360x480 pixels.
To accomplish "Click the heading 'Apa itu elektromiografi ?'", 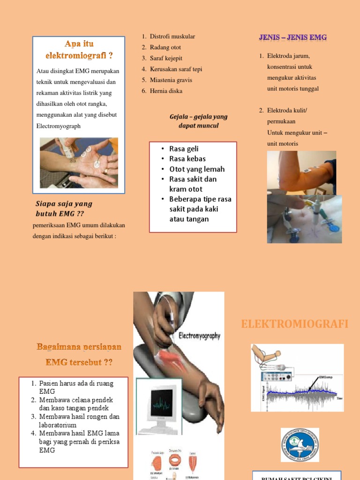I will (79, 50).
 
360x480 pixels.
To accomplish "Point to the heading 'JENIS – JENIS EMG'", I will (293, 37).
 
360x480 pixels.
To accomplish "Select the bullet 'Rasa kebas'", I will (187, 159).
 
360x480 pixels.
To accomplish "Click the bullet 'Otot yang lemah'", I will (197, 169).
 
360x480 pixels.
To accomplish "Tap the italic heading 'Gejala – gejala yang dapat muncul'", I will (198, 121).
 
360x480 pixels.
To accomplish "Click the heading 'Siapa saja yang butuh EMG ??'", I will (64, 209).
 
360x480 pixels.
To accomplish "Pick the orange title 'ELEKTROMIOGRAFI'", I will (295, 324).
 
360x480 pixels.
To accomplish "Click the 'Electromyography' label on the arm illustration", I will (199, 336).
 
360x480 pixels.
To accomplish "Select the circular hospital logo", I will (300, 444).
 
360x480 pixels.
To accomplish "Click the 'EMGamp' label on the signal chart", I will (325, 376).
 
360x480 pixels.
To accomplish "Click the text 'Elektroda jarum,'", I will (288, 56).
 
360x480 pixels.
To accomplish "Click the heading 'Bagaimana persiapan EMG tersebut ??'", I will (79, 354).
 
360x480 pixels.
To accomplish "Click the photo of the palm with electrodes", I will (79, 163).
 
